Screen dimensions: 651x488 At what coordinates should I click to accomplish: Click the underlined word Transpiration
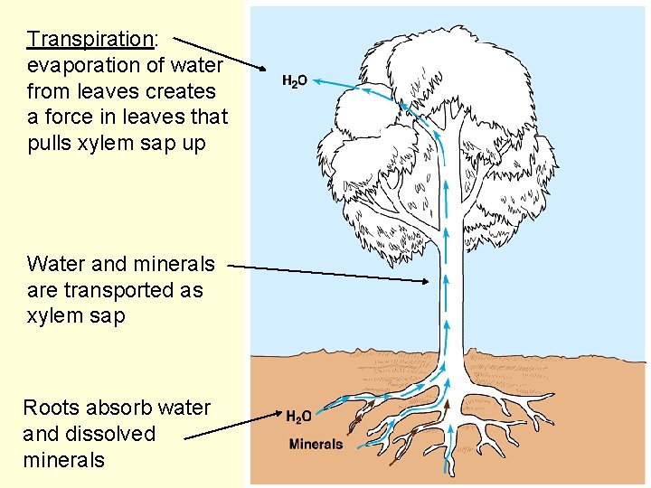tap(90, 40)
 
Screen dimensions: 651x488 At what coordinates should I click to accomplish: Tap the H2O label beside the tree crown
tap(295, 81)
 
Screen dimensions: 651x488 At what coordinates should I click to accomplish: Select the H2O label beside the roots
tap(299, 417)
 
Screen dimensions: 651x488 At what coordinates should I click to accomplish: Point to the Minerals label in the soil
tap(316, 444)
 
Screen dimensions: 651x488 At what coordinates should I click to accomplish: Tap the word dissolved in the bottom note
tap(108, 434)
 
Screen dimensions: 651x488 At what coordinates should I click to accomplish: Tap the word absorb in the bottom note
tap(119, 408)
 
